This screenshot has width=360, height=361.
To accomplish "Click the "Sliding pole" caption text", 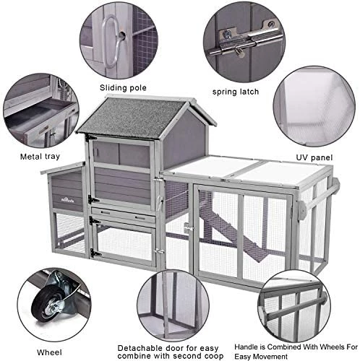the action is point(123,88).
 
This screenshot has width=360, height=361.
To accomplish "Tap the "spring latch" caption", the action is point(236,92).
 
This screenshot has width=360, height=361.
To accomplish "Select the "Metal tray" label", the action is point(40,157).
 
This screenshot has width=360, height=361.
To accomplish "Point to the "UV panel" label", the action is point(314,157).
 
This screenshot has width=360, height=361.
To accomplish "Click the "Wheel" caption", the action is point(49,352).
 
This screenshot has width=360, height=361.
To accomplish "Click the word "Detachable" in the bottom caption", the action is point(140,348).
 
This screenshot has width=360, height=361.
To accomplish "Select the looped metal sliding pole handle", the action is point(111,41).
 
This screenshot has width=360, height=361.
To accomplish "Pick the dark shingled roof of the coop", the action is point(132,117).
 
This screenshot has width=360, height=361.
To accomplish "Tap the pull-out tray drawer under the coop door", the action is point(123,216).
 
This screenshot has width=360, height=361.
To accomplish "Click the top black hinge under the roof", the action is point(91,138).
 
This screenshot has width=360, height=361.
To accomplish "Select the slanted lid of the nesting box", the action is point(63,168).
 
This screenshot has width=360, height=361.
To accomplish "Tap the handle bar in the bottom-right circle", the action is point(296,308).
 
